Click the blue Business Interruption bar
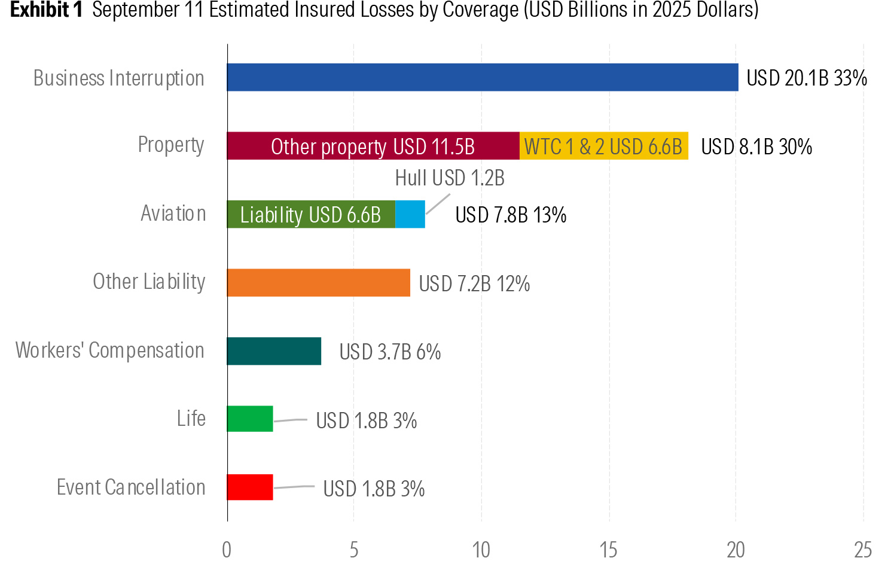point(483,77)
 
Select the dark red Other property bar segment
point(373,145)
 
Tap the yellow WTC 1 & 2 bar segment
point(604,145)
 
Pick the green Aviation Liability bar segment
point(311,214)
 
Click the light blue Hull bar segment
point(410,214)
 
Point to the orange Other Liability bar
point(318,282)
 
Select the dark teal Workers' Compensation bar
point(274,351)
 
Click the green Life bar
point(250,419)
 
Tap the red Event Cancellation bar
point(250,487)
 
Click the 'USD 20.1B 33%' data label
point(807,78)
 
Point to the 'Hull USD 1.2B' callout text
point(450,178)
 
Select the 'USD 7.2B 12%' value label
point(475,284)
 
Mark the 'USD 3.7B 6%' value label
point(390,352)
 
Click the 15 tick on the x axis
point(609,550)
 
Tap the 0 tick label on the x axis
point(227,550)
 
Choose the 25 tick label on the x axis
point(863,550)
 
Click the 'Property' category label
point(171,145)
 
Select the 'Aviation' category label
point(173,214)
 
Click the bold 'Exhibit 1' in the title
point(46,10)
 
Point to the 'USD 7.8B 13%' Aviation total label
point(511,215)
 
